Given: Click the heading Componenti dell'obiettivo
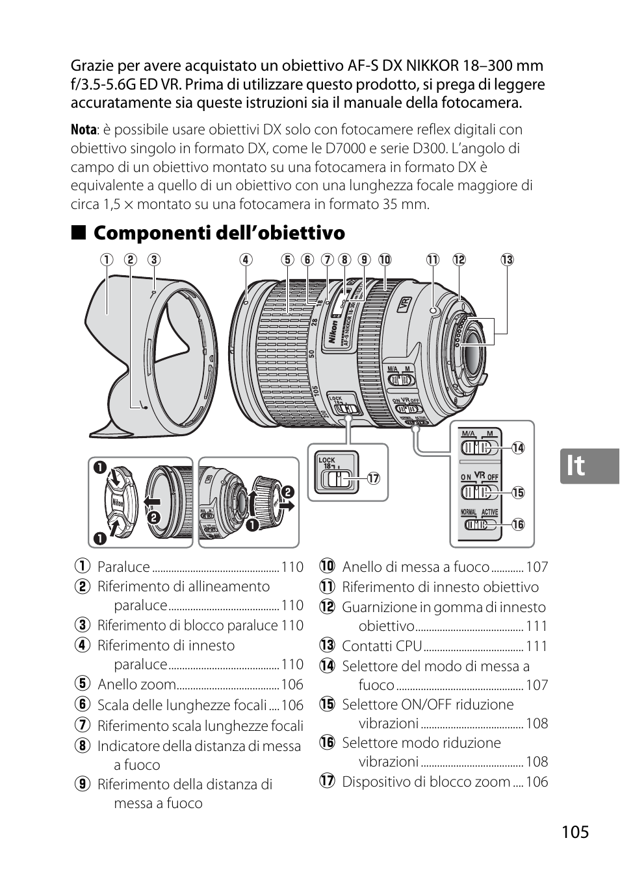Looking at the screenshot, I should pyautogui.click(x=219, y=232).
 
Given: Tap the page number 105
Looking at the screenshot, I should pyautogui.click(x=573, y=832).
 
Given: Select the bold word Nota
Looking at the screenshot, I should pyautogui.click(x=83, y=130).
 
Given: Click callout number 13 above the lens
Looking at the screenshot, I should pyautogui.click(x=507, y=260).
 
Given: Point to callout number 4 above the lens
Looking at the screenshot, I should pyautogui.click(x=244, y=260).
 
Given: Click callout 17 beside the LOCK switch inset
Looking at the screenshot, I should pyautogui.click(x=372, y=479).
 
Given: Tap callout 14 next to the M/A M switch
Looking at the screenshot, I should pyautogui.click(x=517, y=448).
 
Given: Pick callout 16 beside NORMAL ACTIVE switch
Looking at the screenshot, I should pyautogui.click(x=517, y=524).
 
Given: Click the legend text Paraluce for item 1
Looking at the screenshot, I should pyautogui.click(x=123, y=567).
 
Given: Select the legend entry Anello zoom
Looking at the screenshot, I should pyautogui.click(x=136, y=684).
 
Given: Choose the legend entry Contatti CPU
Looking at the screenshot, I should pyautogui.click(x=382, y=646).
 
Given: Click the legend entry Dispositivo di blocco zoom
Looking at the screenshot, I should pyautogui.click(x=426, y=781).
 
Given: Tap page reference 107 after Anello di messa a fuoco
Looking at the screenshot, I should pyautogui.click(x=537, y=567).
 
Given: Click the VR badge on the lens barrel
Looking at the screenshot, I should pyautogui.click(x=404, y=304).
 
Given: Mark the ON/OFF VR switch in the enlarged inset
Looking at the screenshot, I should pyautogui.click(x=478, y=492).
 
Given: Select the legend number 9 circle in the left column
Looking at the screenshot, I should pyautogui.click(x=81, y=785).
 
